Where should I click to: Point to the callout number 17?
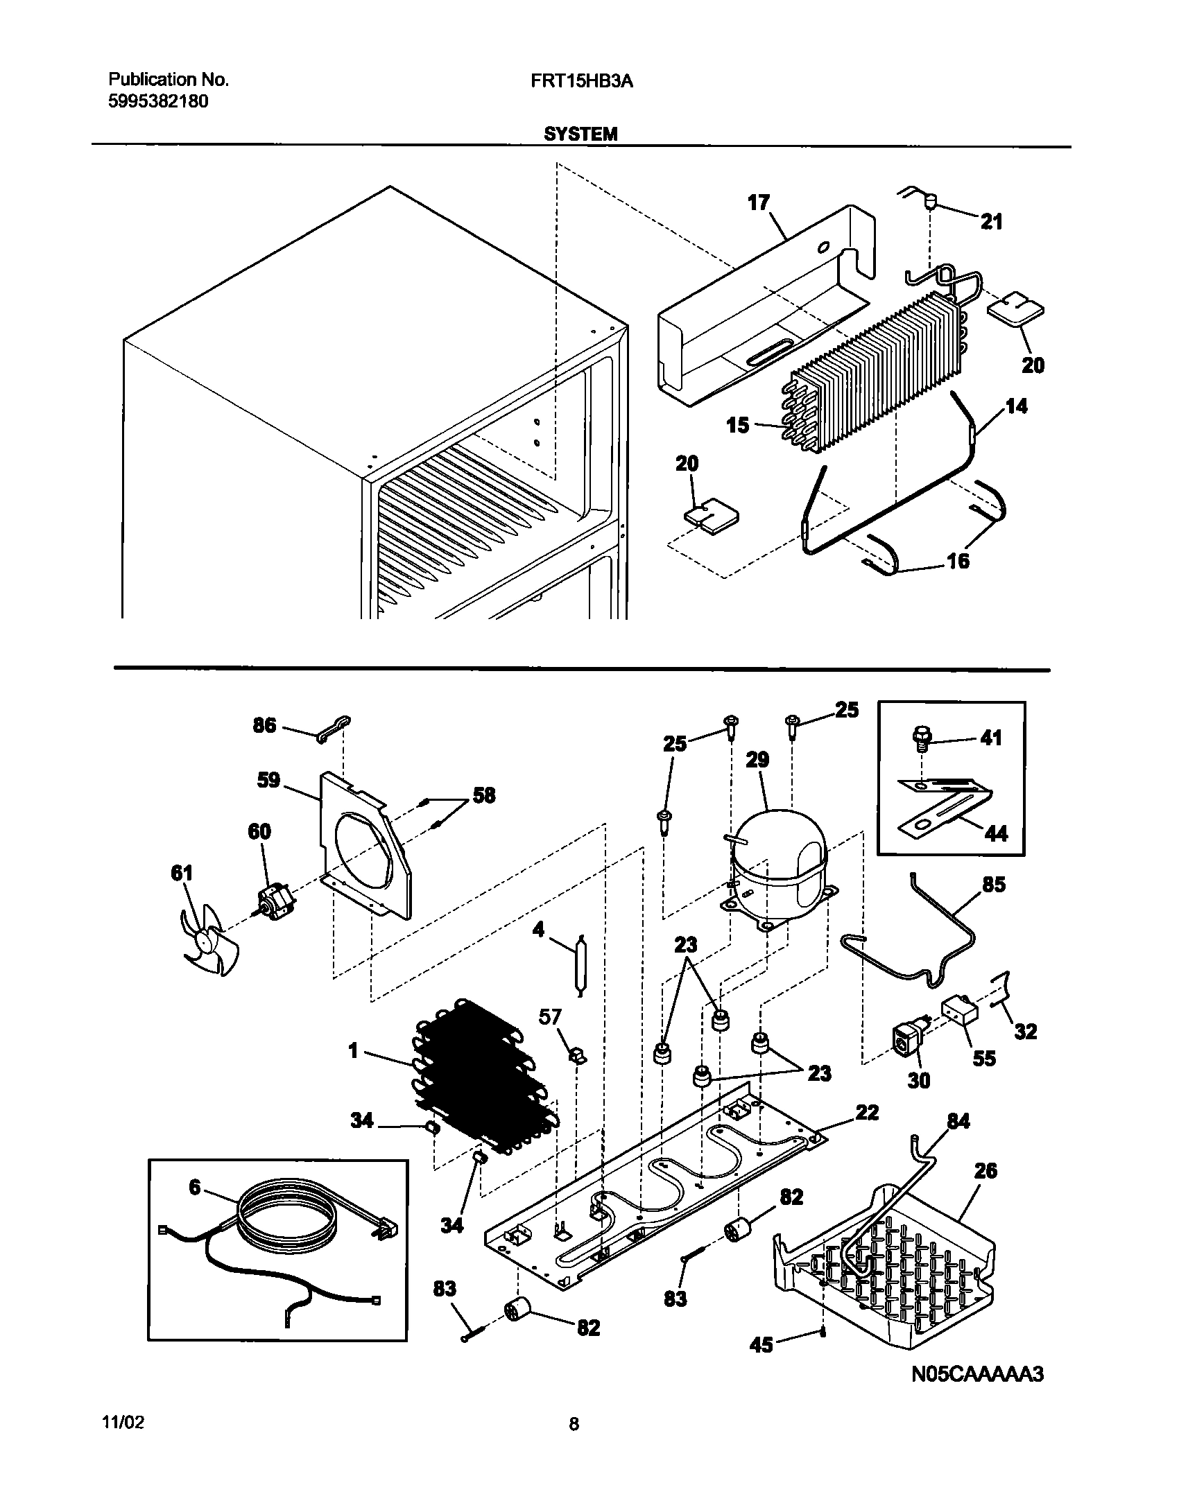(759, 202)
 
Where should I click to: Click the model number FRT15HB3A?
(582, 80)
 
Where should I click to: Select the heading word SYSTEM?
(580, 134)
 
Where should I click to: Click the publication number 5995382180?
(158, 102)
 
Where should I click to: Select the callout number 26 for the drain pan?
(985, 1170)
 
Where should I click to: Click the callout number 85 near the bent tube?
(993, 885)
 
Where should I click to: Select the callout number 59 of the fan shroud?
(268, 780)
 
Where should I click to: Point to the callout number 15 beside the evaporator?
(738, 424)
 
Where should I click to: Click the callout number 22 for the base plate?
(867, 1113)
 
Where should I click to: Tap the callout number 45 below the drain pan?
(761, 1364)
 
